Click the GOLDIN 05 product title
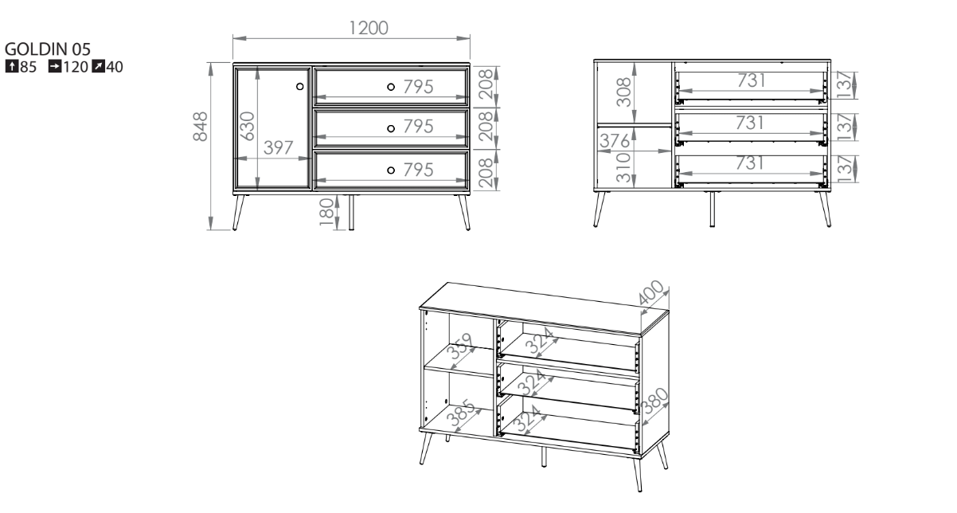[48, 49]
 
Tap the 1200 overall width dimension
[369, 28]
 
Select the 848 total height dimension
[201, 127]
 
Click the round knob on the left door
[300, 86]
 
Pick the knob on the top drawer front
[390, 87]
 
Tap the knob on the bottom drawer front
[390, 170]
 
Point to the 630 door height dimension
[248, 126]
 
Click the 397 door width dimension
[278, 148]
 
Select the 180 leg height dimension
[327, 212]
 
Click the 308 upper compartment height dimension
[624, 92]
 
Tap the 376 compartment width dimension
[615, 141]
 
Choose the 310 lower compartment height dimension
[624, 167]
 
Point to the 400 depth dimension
[651, 292]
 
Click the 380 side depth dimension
[655, 401]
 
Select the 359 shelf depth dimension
[459, 347]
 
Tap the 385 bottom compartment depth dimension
[460, 413]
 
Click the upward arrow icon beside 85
[11, 67]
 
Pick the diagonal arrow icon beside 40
[98, 67]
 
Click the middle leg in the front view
[351, 213]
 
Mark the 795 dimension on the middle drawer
[418, 127]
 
